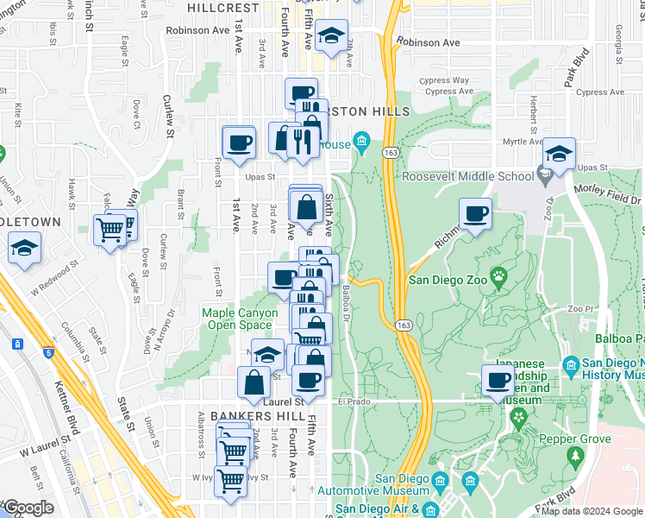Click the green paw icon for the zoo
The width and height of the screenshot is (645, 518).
coord(499,277)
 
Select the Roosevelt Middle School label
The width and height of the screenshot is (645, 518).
coord(468,177)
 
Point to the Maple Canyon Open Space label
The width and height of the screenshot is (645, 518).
coord(240,319)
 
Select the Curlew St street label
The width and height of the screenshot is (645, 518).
coord(169,116)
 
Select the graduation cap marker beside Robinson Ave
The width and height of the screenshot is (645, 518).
coord(330,36)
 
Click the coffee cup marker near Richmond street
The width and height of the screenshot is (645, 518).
coord(474,213)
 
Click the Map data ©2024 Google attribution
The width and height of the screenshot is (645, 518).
coord(592,510)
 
